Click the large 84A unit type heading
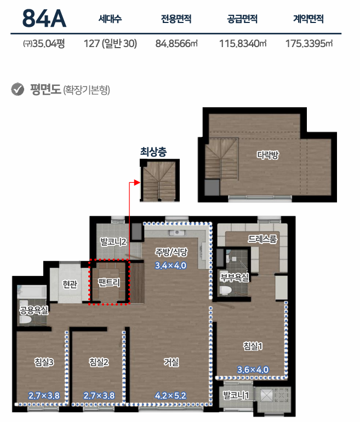(44, 18)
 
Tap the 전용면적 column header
(176, 19)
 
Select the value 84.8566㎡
(176, 43)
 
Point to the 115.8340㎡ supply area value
(243, 43)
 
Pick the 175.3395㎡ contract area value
(309, 43)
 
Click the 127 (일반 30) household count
(110, 43)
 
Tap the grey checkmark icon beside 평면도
(18, 89)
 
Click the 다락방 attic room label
(267, 155)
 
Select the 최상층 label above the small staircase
(153, 152)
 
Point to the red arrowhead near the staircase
(137, 183)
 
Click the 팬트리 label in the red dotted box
(109, 282)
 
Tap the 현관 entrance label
(70, 284)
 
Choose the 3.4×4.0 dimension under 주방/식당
(170, 265)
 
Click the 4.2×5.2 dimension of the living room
(170, 396)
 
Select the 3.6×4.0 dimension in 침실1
(253, 370)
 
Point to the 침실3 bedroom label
(44, 362)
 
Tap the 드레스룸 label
(262, 239)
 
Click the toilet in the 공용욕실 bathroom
(25, 320)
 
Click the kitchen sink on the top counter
(177, 233)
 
